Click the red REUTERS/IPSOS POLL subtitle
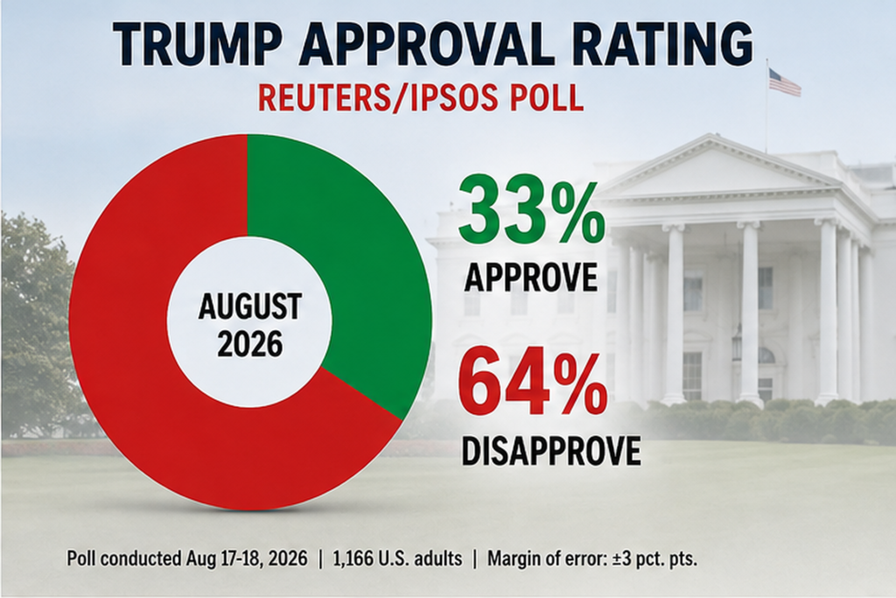click(x=421, y=98)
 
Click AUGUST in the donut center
click(x=249, y=307)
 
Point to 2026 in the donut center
click(x=250, y=344)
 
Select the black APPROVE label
click(x=531, y=278)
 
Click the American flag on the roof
click(x=784, y=81)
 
